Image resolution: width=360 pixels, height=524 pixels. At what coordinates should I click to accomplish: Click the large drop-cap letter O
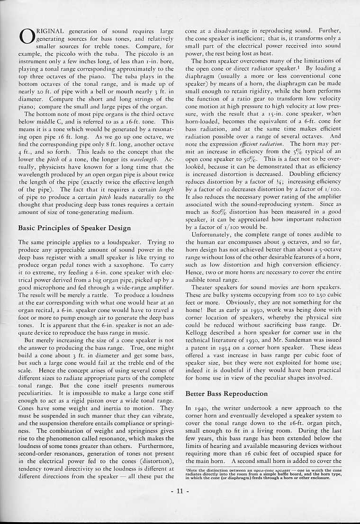coord(26,36)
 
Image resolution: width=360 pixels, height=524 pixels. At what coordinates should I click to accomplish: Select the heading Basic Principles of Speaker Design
coord(74,228)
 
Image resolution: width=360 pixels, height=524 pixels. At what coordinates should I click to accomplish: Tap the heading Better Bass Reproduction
coord(226,393)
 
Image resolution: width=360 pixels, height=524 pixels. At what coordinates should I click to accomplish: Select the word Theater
coord(204,287)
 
